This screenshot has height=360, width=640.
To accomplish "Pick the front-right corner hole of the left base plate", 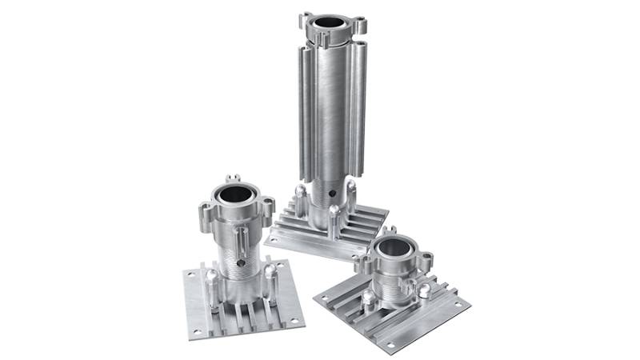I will pyautogui.click(x=294, y=320).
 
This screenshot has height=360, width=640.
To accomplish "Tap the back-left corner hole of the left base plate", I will pyautogui.click(x=190, y=274).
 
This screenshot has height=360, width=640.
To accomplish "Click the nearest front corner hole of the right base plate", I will pyautogui.click(x=390, y=346).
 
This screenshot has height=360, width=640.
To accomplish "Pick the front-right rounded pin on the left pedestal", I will pyautogui.click(x=270, y=270).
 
